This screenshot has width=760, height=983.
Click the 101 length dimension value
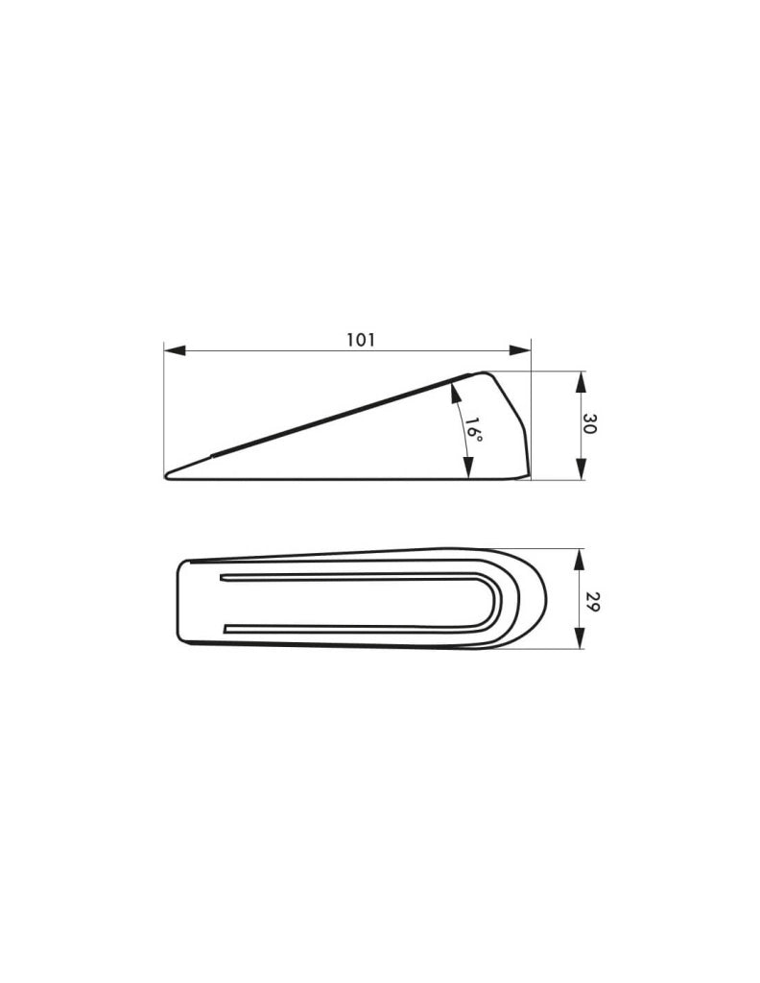[x=361, y=340]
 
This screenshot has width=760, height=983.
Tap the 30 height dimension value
[x=589, y=424]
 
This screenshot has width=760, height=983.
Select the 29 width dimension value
[x=589, y=603]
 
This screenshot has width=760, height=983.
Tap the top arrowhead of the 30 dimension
[x=581, y=382]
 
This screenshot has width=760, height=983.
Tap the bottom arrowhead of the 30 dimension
[x=581, y=469]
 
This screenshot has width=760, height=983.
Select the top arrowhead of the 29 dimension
[x=581, y=560]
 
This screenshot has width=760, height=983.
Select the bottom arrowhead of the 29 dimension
[x=581, y=637]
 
